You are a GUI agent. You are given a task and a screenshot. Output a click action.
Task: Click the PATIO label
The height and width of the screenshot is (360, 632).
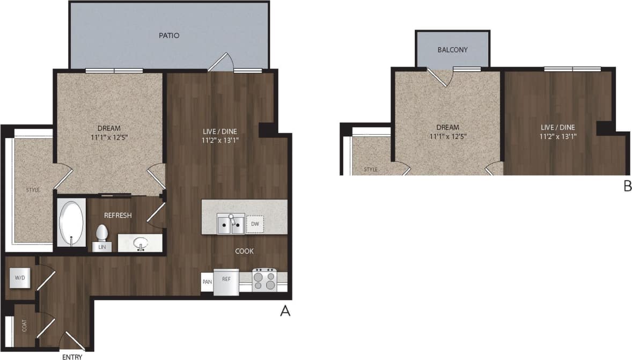(169, 36)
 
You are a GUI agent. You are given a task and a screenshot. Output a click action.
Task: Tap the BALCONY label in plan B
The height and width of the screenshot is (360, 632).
(452, 50)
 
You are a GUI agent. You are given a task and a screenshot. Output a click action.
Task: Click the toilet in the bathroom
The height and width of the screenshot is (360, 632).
(101, 233)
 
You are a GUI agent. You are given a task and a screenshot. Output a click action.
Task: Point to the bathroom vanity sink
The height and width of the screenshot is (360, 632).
(141, 243)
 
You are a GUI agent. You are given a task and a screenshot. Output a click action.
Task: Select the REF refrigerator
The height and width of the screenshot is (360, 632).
(226, 281)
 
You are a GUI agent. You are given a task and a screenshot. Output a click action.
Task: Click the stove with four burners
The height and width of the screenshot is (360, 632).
(264, 280)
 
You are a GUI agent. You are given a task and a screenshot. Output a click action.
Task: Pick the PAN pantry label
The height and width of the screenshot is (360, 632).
(207, 281)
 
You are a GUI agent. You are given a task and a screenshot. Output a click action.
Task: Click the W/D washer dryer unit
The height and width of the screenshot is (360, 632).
(19, 278)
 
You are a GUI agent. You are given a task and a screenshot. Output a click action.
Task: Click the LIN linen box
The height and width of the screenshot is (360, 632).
(101, 247)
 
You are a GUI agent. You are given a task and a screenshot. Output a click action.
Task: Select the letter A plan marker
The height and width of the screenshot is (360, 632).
(285, 311)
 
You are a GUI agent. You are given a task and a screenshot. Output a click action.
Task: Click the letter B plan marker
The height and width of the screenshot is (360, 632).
(627, 186)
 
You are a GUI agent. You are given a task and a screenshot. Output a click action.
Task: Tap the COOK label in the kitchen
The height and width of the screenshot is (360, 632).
(244, 251)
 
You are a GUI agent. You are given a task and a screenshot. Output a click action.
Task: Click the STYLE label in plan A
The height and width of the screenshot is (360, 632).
(33, 190)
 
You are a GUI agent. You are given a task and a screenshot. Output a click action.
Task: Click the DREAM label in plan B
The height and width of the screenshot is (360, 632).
(447, 128)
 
